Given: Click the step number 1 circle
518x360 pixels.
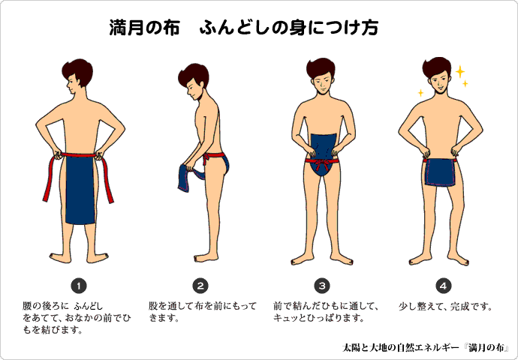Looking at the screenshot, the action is pos(79,286).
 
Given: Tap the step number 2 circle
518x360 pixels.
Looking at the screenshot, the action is pos(200,286).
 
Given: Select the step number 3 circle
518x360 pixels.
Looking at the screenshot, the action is pos(322,286).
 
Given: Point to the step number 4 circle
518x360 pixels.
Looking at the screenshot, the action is pos(444,286).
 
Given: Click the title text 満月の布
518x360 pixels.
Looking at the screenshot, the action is pos(144,28).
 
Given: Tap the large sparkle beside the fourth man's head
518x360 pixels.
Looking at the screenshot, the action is pos(460,71).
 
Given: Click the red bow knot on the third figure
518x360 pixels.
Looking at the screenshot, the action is pos(322,163).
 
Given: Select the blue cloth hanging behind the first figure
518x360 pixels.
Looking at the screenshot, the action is pos(80,190).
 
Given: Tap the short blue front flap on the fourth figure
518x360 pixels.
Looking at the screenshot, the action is pos(440,172).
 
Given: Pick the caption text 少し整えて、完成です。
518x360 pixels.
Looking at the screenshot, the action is pos(445,307).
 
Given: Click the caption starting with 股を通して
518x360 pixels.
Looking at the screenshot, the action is pos(202,312).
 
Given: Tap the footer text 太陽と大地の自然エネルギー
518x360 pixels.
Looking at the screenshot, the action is pos(401,348).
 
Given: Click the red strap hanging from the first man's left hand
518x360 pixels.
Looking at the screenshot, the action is pos(48,178).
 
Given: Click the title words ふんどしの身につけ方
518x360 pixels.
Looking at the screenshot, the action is pos(289,28).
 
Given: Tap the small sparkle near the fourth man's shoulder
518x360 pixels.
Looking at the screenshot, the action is pos(420,93).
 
